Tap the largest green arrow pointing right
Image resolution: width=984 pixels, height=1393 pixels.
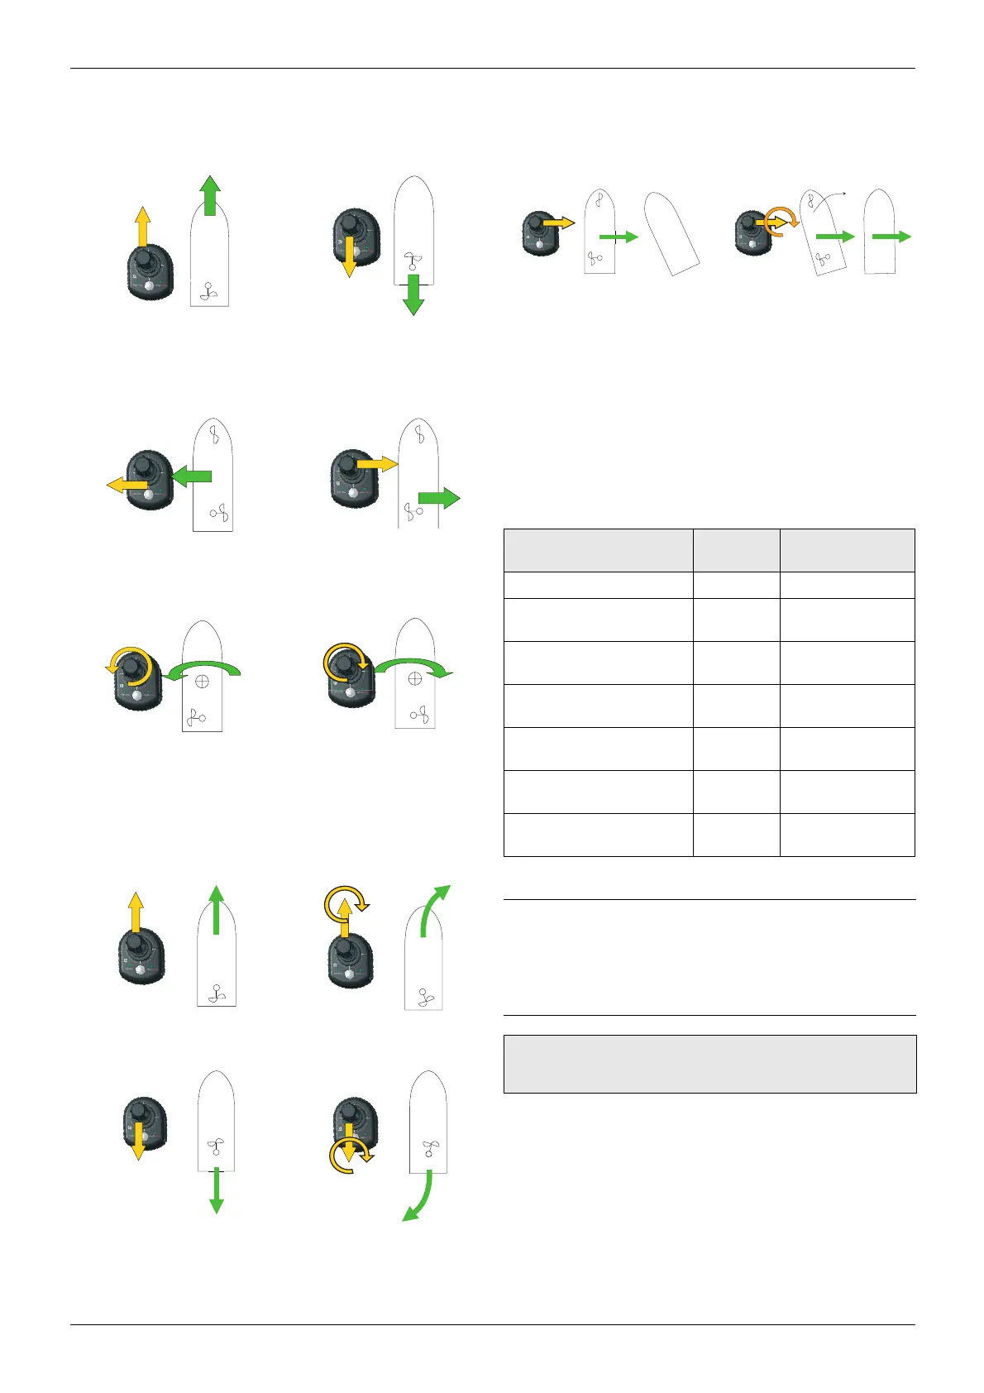point(439,498)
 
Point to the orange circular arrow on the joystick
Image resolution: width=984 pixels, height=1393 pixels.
point(780,218)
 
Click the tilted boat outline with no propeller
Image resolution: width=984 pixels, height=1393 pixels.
point(671,233)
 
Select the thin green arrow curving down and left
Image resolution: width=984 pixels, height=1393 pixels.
point(419,1199)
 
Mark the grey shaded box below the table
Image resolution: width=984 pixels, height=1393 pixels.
point(709,1064)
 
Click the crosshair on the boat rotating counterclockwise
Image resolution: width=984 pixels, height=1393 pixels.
point(200,681)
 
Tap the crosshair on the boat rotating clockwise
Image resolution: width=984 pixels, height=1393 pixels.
point(415,678)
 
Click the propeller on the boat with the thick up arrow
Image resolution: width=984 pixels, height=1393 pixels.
point(209,292)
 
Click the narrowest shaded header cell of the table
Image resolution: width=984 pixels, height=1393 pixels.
point(736,550)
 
